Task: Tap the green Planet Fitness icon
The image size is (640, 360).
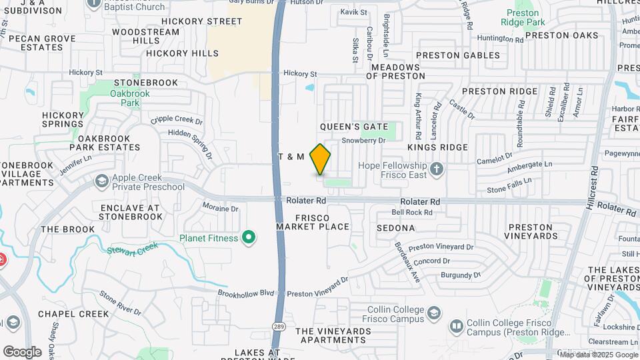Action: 249,237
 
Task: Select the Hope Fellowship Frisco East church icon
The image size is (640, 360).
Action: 437,167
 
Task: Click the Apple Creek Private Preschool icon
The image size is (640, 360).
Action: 101,181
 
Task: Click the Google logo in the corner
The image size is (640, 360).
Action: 22,351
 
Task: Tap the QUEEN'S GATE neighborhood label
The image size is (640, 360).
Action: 353,127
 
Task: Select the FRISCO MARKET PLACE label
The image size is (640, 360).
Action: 313,222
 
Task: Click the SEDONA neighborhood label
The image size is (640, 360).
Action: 395,228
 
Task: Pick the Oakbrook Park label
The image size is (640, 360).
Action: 125,99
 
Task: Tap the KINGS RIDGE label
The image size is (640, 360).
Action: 437,147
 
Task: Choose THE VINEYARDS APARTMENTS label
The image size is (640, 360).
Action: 333,335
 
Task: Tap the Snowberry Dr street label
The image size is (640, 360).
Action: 364,141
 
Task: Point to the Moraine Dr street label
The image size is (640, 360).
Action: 220,208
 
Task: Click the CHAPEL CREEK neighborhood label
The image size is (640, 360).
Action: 73,314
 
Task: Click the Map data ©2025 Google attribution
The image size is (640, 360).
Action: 598,355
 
